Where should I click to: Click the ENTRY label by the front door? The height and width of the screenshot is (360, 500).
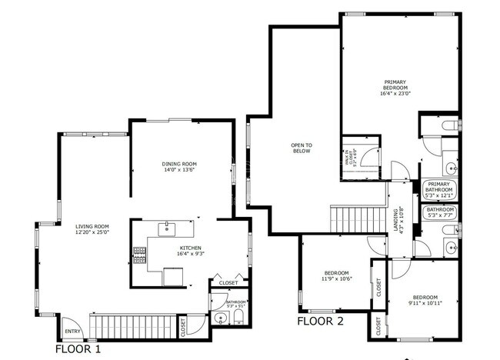(72, 332)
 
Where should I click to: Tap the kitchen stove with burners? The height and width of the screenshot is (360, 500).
(140, 254)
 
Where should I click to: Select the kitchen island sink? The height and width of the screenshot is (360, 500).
(168, 228)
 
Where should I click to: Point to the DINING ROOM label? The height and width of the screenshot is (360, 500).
(179, 166)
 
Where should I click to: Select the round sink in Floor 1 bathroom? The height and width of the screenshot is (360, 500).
(220, 318)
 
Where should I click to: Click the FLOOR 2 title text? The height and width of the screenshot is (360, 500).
(321, 321)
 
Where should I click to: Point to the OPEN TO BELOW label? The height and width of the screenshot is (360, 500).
(302, 148)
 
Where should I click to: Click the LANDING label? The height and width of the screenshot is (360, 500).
(396, 222)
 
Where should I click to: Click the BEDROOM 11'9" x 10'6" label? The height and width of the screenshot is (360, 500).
(336, 276)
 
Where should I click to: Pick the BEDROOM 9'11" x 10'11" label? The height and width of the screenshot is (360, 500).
(425, 299)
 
